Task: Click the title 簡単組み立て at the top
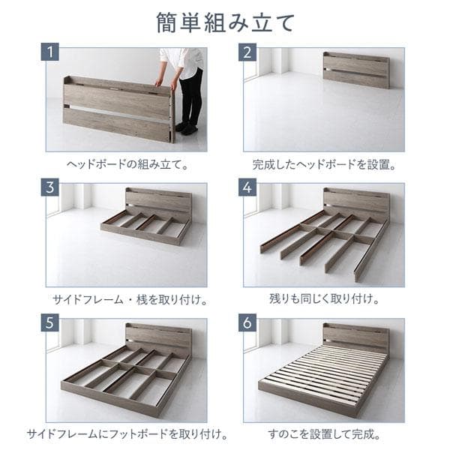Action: tap(225, 22)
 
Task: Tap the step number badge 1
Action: tap(51, 52)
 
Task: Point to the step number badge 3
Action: tap(51, 189)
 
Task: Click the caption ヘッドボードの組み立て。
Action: tap(125, 161)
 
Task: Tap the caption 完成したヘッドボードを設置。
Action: tap(324, 161)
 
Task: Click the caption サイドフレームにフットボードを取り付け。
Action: tap(125, 434)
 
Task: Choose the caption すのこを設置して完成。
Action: tap(324, 434)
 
